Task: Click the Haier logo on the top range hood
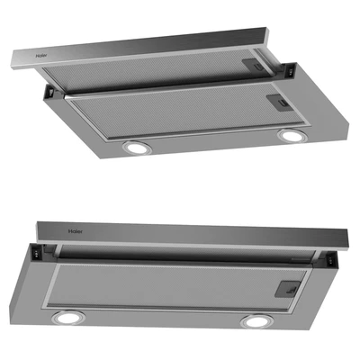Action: coord(41,56)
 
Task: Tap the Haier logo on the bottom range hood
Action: coord(75,231)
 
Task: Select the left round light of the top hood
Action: coord(137,148)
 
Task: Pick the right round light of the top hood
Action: coord(292,136)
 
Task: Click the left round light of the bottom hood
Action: coord(68,318)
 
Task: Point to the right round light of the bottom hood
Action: coord(256,321)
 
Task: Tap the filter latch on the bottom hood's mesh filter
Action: coord(288,289)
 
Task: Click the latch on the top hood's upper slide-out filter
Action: coord(254,66)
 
